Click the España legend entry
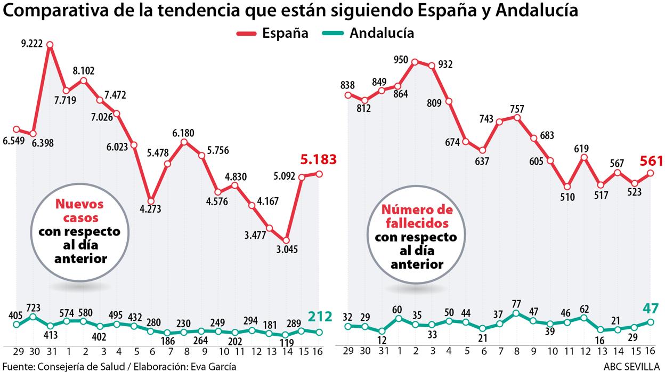click(272, 34)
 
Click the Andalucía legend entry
click(368, 34)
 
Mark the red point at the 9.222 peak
click(50, 46)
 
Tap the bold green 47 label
click(651, 309)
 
